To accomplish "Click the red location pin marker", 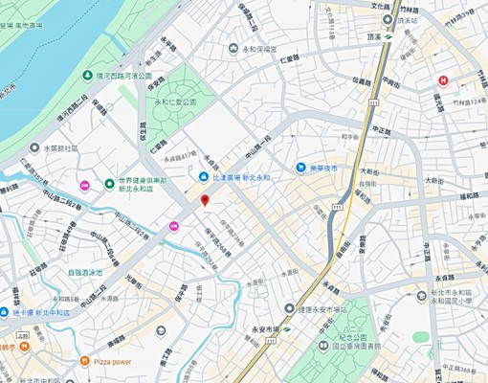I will [204, 200].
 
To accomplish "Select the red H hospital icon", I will [442, 80].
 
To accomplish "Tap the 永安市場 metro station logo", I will [285, 329].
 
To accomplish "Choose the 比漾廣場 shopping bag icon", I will [203, 177].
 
